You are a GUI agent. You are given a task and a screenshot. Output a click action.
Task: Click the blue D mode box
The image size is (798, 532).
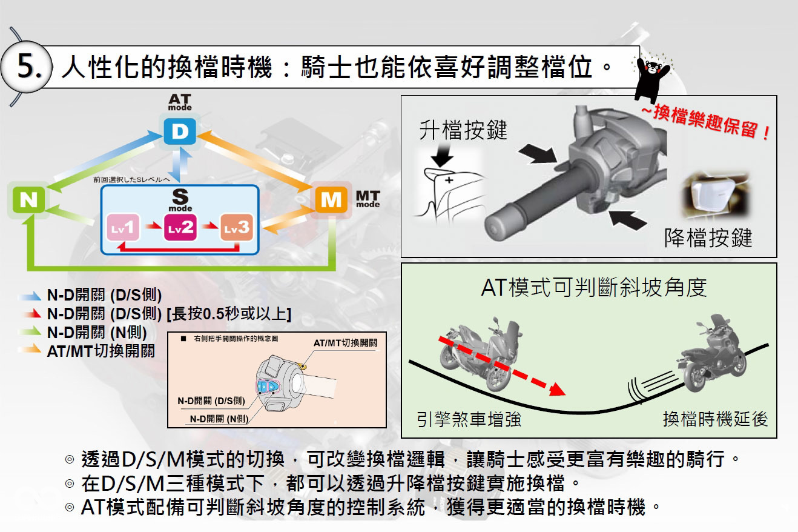point(180,132)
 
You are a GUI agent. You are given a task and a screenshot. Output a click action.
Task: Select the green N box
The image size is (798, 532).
point(27,201)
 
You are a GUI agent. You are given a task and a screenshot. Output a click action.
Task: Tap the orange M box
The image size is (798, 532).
point(331,201)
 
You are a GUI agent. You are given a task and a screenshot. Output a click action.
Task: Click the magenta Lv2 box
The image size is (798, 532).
point(180,228)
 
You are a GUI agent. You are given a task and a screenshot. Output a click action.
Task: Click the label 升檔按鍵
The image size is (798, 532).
point(463,130)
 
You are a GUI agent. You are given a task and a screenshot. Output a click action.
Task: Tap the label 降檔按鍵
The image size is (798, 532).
point(708,238)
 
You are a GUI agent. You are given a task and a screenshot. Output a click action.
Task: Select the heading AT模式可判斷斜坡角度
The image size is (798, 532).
point(593,287)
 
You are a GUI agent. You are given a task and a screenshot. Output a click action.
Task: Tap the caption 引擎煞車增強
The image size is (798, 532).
point(469,419)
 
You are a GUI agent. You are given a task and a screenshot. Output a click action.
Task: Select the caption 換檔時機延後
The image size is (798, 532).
point(715,419)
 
